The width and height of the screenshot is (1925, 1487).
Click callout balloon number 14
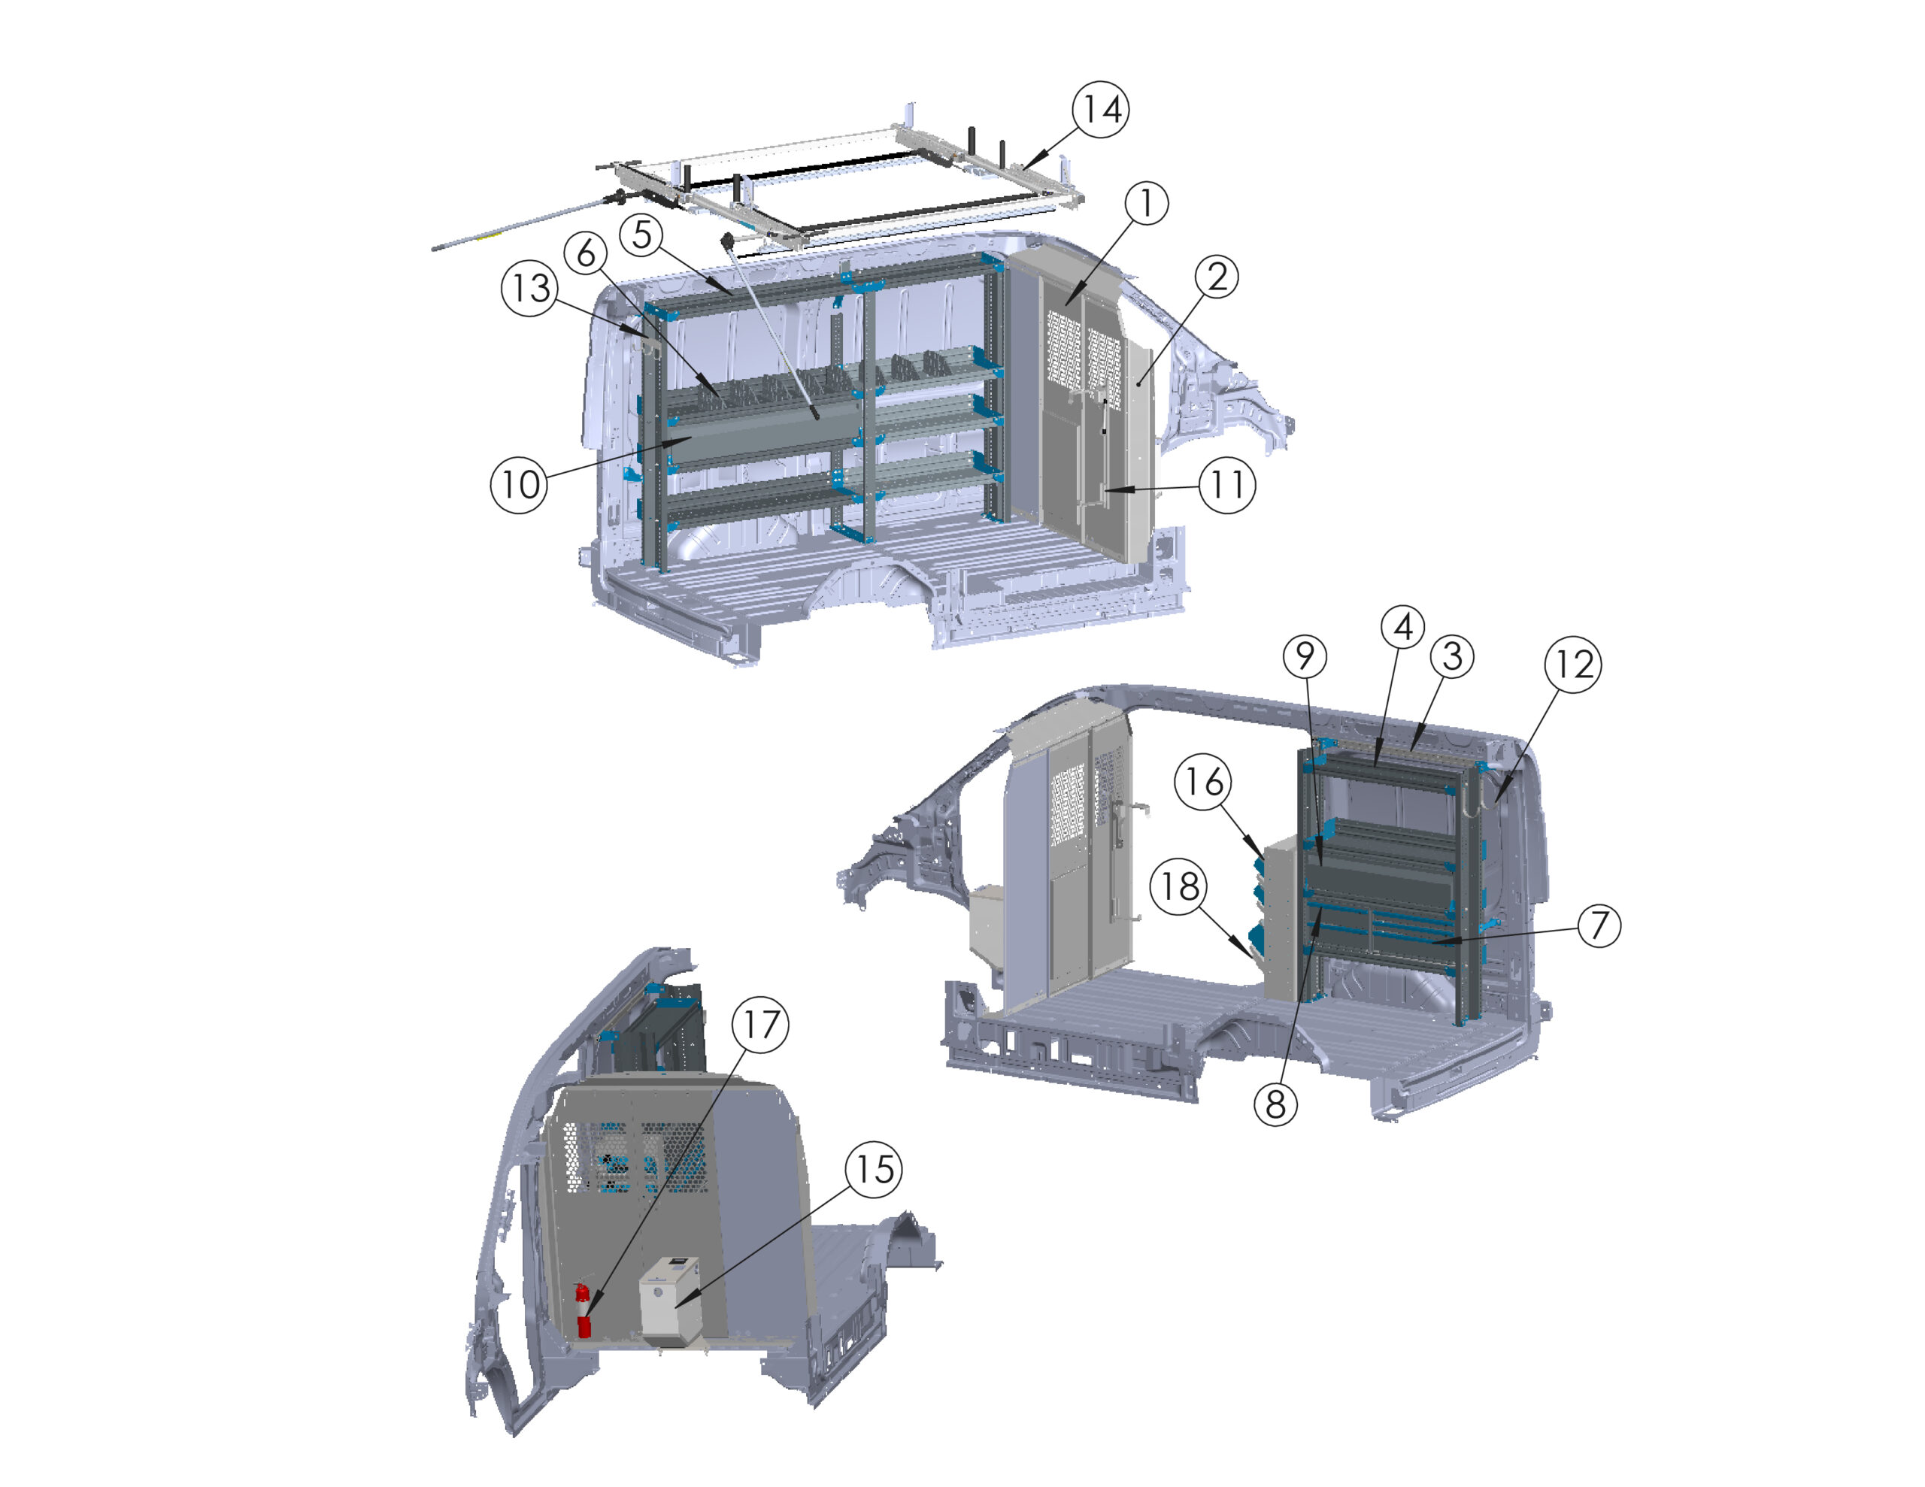[x=1100, y=109]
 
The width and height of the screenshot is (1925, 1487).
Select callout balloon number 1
[x=1147, y=203]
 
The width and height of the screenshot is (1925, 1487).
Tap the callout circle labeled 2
[x=1217, y=277]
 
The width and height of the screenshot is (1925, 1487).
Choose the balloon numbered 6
[x=586, y=254]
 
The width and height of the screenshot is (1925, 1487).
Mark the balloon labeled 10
[x=519, y=484]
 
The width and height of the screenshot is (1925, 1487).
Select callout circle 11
[x=1227, y=485]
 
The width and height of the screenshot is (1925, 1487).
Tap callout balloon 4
[x=1402, y=627]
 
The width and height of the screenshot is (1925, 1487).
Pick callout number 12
[x=1573, y=664]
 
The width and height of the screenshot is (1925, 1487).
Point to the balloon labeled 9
[x=1305, y=656]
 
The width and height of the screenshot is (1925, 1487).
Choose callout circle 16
[x=1203, y=781]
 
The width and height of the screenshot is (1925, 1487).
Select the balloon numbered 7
[x=1599, y=925]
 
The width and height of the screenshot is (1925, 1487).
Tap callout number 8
[x=1275, y=1104]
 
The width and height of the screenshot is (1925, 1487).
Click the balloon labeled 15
[x=874, y=1170]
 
